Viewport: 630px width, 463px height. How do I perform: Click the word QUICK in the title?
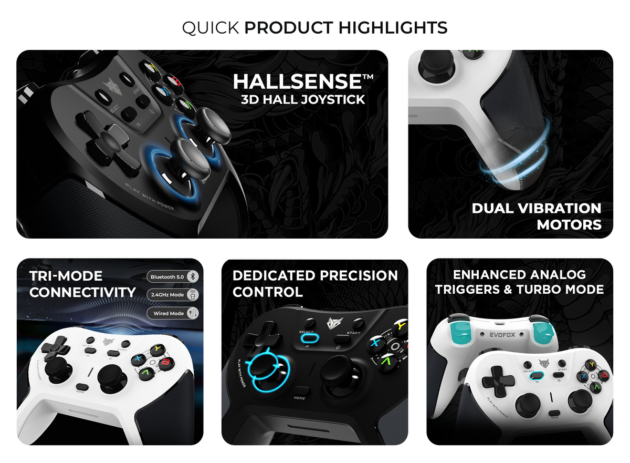[x=211, y=27]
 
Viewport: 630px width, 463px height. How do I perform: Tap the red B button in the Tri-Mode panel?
[x=166, y=362]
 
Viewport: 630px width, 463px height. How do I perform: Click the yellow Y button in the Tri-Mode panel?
[x=156, y=349]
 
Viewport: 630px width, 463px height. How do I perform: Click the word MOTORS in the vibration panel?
[x=569, y=224]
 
